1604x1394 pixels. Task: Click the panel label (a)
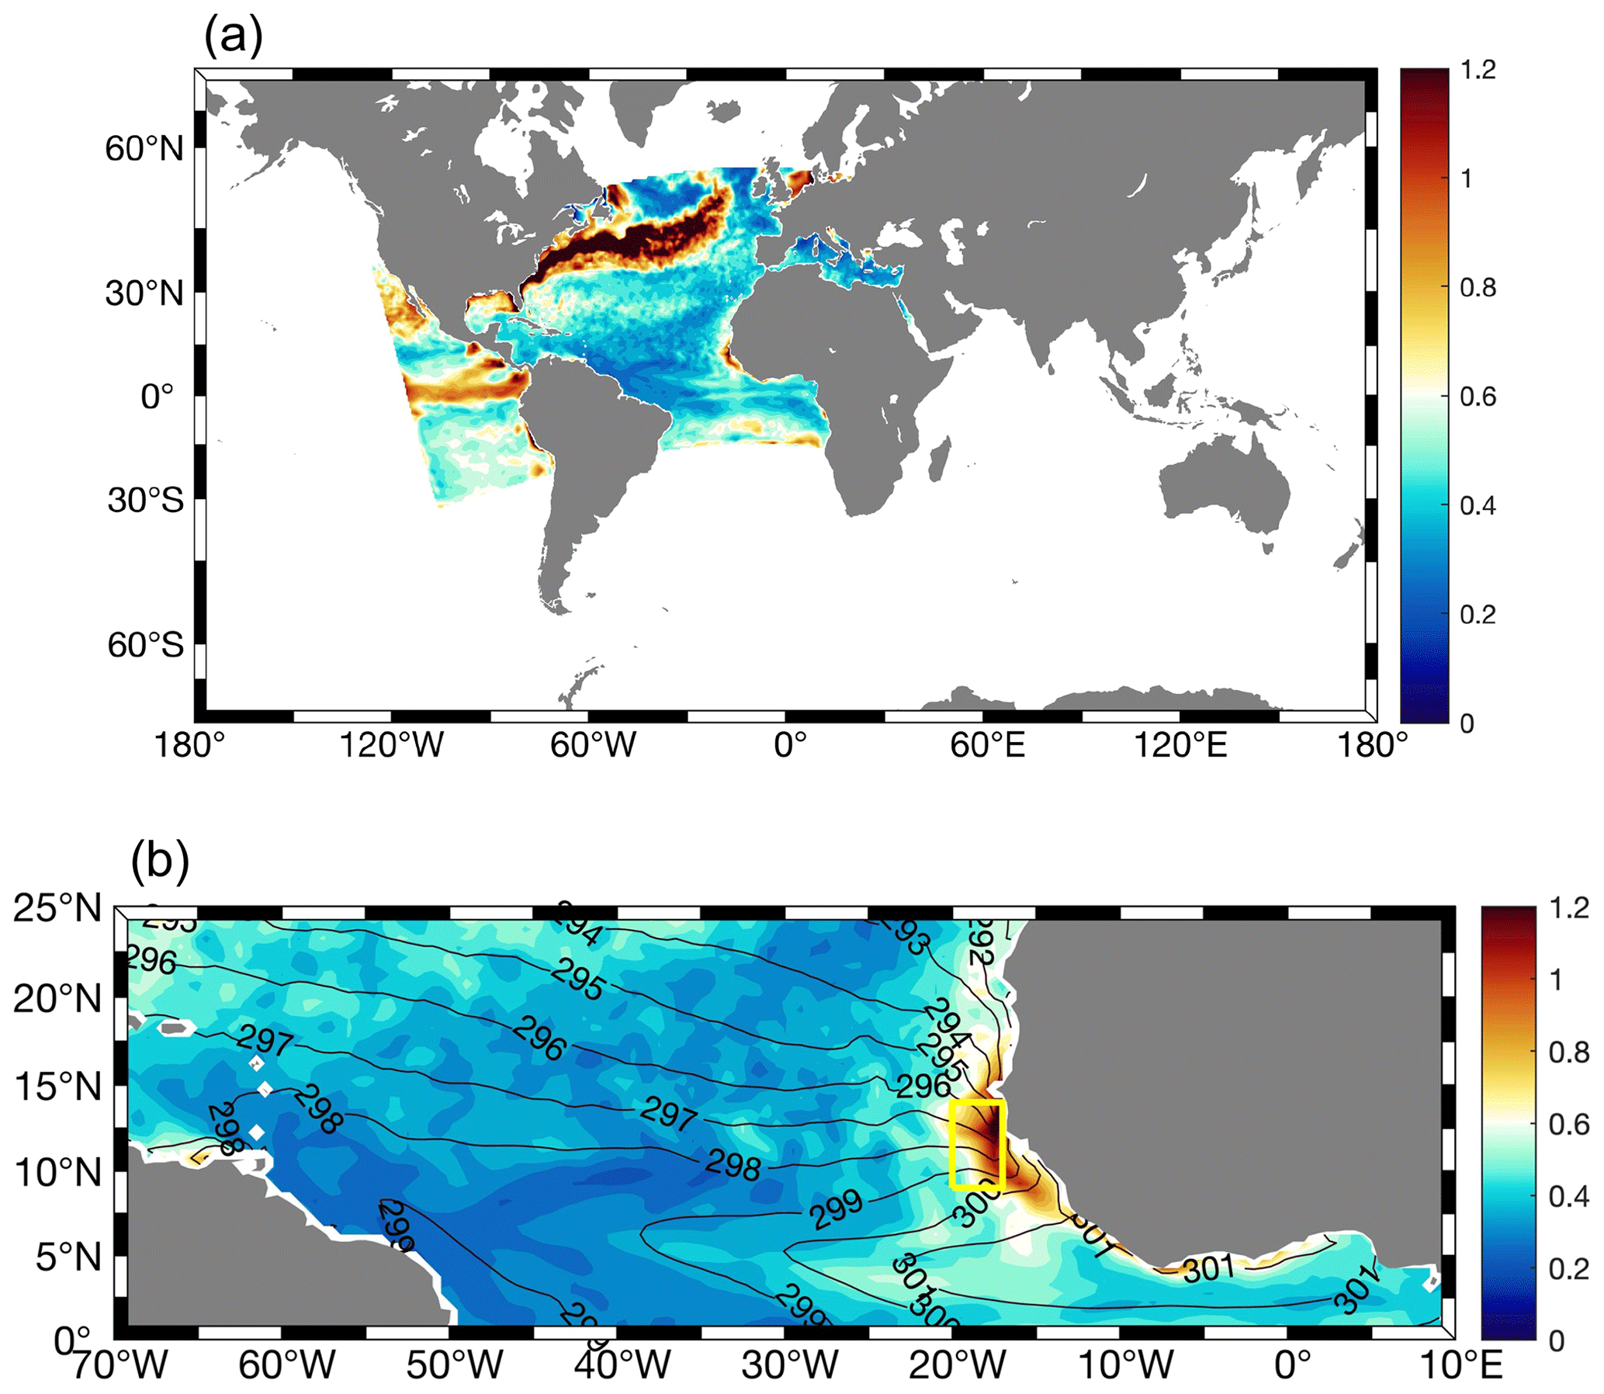pyautogui.click(x=233, y=36)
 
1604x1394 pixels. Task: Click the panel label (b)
pyautogui.click(x=159, y=861)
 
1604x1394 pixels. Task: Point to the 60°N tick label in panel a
pyautogui.click(x=144, y=147)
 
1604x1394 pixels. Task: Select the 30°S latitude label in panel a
pyautogui.click(x=145, y=499)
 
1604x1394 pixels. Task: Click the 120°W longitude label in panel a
pyautogui.click(x=391, y=744)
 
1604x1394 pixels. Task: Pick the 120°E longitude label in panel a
pyautogui.click(x=1180, y=744)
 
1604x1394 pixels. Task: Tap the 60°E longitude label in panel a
pyautogui.click(x=987, y=744)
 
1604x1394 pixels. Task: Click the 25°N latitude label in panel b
pyautogui.click(x=57, y=908)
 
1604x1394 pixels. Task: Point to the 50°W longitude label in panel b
pyautogui.click(x=454, y=1365)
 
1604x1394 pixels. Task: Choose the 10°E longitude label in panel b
pyautogui.click(x=1460, y=1365)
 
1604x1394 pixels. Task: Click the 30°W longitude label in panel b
pyautogui.click(x=789, y=1365)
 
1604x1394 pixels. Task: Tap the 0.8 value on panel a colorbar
pyautogui.click(x=1478, y=288)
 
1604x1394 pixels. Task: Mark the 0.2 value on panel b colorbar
pyautogui.click(x=1568, y=1269)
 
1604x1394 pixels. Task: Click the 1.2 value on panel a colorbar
pyautogui.click(x=1478, y=70)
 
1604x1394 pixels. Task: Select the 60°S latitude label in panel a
pyautogui.click(x=145, y=644)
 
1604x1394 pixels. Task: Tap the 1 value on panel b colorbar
pyautogui.click(x=1556, y=980)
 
